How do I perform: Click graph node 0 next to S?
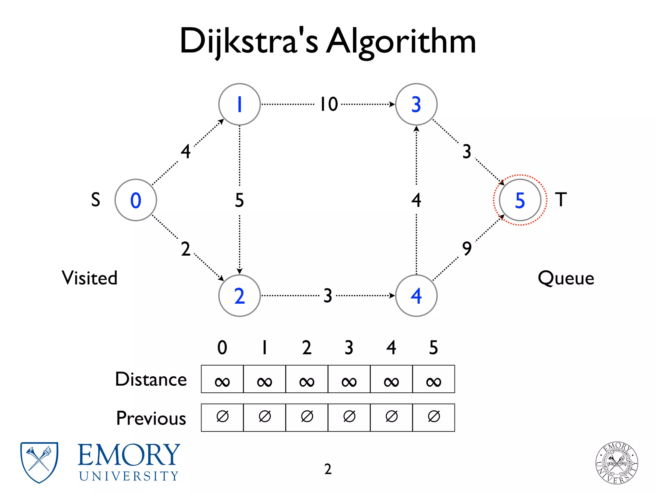pos(135,200)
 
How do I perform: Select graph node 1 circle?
pos(239,104)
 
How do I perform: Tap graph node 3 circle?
pos(416,104)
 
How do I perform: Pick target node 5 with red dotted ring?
pos(520,200)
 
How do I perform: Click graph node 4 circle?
pos(416,295)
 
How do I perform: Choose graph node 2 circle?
pos(239,295)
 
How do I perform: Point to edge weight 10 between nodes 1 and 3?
pos(329,104)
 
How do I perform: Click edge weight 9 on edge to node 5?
pos(467,249)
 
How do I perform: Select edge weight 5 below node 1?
pos(239,200)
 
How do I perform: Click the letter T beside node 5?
pos(561,199)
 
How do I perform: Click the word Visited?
pos(89,278)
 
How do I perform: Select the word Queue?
pos(566,278)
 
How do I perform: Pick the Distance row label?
pos(151,379)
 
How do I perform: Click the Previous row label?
pos(151,418)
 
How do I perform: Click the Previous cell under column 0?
pos(222,417)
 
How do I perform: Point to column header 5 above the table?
pos(433,348)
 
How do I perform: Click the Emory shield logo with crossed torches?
pos(39,462)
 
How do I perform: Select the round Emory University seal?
pos(616,463)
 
